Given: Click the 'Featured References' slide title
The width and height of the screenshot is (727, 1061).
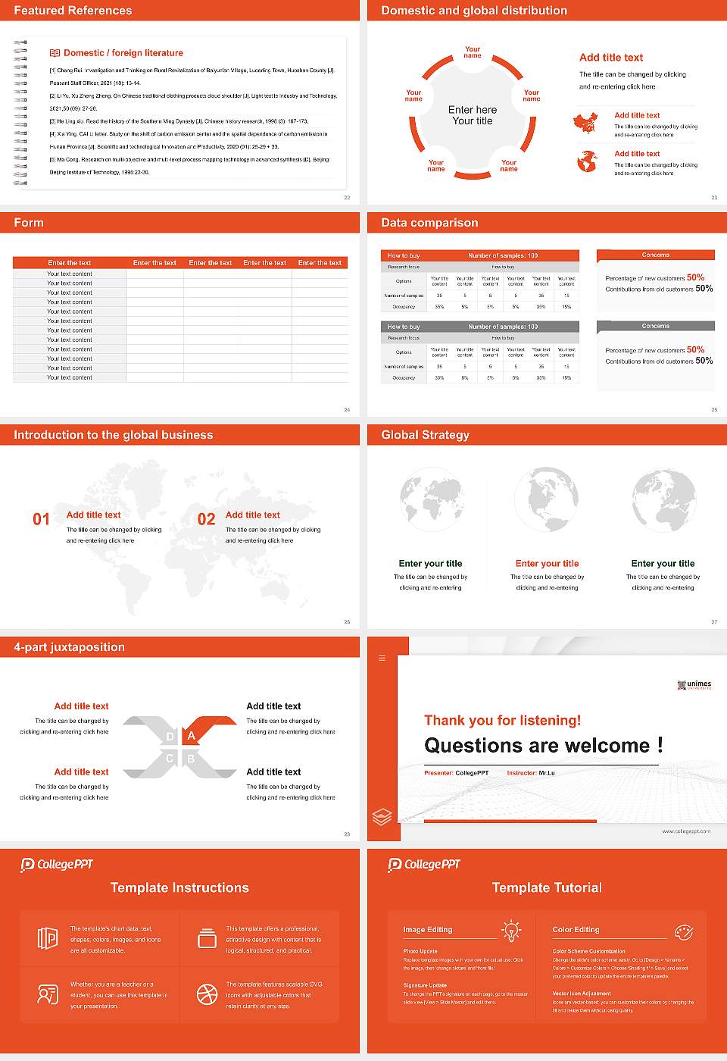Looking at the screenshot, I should click(73, 11).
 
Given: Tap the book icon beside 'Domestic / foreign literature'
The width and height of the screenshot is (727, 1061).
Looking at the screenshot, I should click(55, 53).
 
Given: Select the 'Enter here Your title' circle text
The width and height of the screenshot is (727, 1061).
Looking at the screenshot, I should click(473, 115).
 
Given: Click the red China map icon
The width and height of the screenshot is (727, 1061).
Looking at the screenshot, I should click(585, 122).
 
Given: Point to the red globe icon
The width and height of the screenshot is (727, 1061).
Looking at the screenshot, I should click(587, 161).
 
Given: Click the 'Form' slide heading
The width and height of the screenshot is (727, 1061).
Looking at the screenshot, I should click(29, 223).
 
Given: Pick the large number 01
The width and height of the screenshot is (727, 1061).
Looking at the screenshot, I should click(41, 519).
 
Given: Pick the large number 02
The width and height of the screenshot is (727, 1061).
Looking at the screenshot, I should click(206, 519).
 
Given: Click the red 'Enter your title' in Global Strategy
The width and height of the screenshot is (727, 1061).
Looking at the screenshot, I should click(547, 564).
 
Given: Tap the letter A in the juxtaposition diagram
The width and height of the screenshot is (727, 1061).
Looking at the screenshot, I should click(192, 736).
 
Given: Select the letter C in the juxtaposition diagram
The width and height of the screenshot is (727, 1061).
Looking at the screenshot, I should click(170, 759).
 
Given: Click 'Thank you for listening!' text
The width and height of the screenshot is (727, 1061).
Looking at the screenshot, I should click(503, 720).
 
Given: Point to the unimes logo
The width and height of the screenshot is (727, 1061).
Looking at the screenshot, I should click(694, 685).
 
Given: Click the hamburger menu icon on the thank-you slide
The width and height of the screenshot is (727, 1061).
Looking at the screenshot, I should click(382, 658).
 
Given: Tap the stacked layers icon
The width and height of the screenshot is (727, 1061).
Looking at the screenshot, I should click(382, 817).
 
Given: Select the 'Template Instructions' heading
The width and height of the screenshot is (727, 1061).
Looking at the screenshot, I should click(179, 888).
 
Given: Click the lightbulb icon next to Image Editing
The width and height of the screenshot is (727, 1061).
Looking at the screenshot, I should click(511, 931).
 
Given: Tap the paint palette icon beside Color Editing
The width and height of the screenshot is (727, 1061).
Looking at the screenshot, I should click(683, 931).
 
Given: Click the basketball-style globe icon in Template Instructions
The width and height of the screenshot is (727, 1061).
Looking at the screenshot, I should click(207, 994).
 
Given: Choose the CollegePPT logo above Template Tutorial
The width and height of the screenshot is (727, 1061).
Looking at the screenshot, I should click(424, 865).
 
